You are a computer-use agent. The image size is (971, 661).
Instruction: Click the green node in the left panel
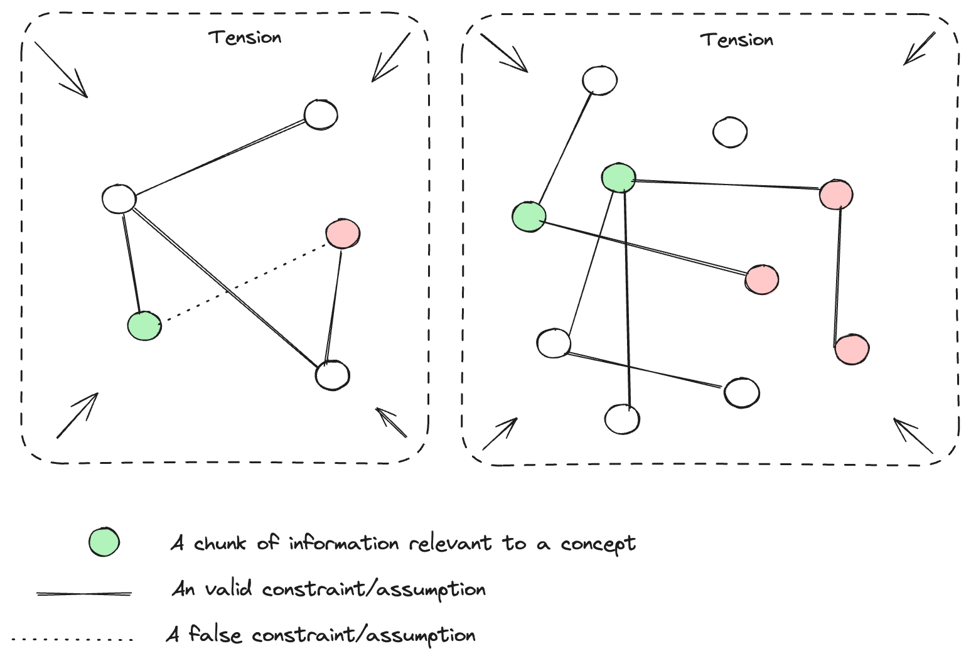(x=144, y=326)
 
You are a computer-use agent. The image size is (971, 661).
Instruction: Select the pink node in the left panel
(x=343, y=234)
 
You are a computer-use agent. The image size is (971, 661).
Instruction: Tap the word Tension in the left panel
(x=245, y=38)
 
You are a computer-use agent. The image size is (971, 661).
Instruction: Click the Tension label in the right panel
(x=737, y=40)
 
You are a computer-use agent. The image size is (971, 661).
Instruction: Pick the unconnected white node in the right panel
(x=730, y=132)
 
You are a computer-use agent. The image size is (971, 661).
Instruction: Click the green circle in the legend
(x=104, y=542)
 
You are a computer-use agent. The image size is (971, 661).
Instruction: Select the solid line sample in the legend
(x=84, y=593)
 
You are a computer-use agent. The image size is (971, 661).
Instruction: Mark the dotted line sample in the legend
(x=73, y=640)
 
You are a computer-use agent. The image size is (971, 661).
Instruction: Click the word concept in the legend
(x=598, y=544)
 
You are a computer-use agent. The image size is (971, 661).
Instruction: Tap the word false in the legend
(x=215, y=635)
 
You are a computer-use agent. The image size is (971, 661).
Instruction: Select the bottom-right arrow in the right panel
(x=913, y=436)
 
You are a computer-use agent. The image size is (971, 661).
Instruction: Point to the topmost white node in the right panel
(x=599, y=80)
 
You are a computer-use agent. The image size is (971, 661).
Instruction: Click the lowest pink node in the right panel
(x=852, y=350)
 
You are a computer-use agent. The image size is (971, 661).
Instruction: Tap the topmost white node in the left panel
(x=321, y=115)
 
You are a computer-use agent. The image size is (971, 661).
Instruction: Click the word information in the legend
(x=343, y=543)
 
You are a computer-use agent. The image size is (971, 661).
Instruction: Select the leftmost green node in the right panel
(x=529, y=217)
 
